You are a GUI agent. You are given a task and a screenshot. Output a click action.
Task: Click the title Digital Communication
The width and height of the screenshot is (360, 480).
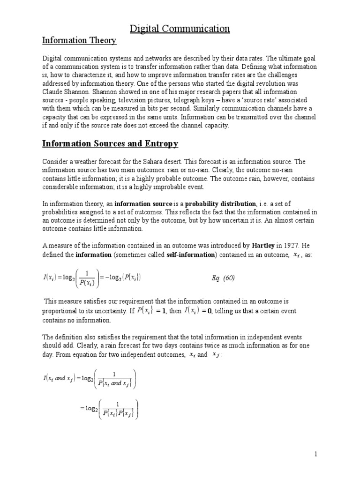[180, 29]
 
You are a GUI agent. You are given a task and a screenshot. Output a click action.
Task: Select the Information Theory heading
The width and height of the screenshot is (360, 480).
[79, 41]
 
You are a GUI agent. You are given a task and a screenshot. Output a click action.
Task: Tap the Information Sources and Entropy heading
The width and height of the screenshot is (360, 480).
[110, 143]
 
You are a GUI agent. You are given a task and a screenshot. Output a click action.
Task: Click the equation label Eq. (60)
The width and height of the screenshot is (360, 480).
[223, 278]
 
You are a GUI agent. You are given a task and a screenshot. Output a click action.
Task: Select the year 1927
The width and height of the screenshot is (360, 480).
[290, 245]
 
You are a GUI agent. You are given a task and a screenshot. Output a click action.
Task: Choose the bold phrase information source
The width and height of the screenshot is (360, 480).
[143, 204]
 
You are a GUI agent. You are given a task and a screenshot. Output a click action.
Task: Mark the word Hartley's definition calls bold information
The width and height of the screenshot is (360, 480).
[93, 255]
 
